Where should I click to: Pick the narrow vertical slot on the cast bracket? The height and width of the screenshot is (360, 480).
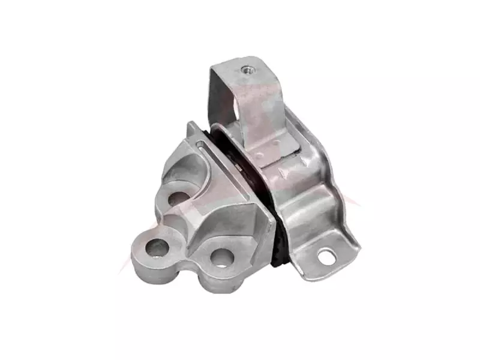coord(199,145)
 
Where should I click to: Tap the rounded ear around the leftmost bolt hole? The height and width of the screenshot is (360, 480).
coord(144,255)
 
